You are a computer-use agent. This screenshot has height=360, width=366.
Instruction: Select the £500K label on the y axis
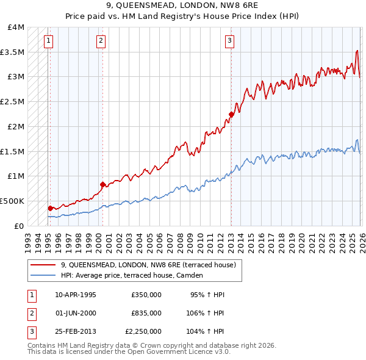click(x=12, y=201)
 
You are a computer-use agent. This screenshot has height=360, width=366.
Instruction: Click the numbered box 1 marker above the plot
click(x=48, y=41)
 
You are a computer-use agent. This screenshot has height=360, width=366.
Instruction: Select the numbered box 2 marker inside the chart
click(x=101, y=41)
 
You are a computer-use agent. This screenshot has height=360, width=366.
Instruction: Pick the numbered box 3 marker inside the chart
click(x=229, y=41)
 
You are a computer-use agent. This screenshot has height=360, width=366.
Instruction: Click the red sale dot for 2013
click(x=231, y=114)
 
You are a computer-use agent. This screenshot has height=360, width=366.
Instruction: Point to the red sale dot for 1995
click(x=50, y=208)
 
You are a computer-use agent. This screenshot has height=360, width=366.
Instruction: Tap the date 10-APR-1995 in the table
click(x=76, y=295)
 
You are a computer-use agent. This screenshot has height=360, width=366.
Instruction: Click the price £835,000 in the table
click(x=146, y=313)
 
